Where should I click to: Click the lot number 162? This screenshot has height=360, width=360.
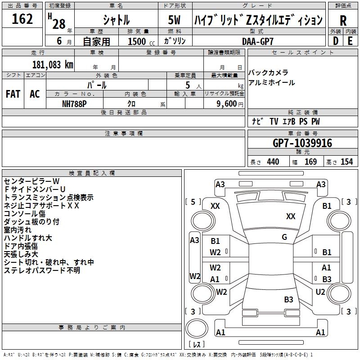[x=22, y=19]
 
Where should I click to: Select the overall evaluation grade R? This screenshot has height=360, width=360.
[x=343, y=20]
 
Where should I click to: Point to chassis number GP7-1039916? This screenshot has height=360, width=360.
[x=302, y=143]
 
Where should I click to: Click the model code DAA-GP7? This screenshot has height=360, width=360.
[x=257, y=41]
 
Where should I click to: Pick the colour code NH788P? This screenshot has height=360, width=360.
[x=75, y=103]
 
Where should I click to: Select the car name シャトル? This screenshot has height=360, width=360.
[x=116, y=20]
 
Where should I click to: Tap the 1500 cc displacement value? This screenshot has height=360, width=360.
[x=138, y=41]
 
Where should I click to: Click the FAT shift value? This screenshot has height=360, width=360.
[x=13, y=94]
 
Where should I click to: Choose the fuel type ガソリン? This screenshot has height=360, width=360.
[x=175, y=41]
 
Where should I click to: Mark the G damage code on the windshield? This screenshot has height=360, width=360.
[x=284, y=237]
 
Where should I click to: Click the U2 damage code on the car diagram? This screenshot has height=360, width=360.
[x=320, y=292]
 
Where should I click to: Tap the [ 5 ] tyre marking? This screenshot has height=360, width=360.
[x=193, y=202]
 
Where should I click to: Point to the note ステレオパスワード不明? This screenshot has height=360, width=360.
[x=42, y=270]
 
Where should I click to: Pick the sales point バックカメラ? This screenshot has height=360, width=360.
[x=268, y=72]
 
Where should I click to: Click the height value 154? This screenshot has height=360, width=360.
[x=346, y=162]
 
